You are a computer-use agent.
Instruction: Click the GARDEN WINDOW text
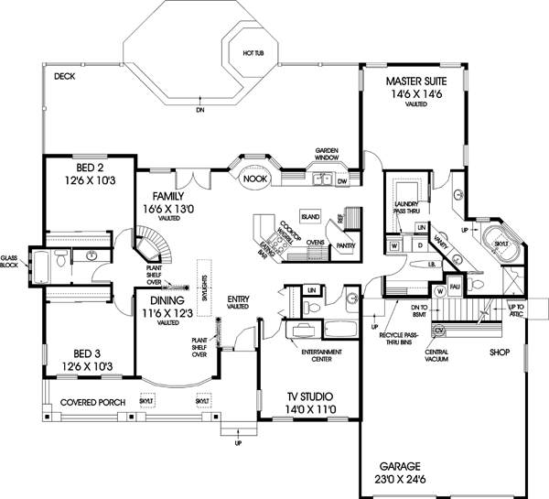tap(328, 153)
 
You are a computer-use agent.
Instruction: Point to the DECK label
tap(63, 77)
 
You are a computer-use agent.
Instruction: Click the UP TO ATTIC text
tap(517, 310)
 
